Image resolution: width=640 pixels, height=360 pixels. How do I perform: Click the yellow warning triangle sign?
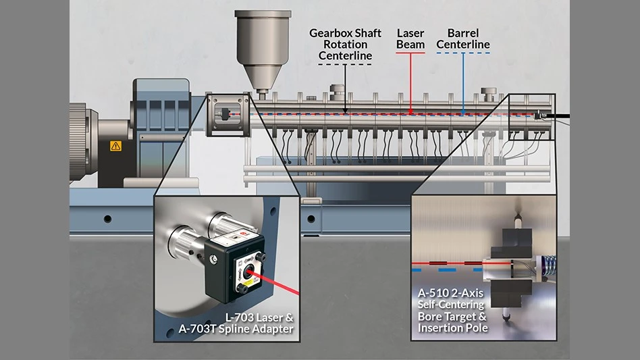coord(115,145)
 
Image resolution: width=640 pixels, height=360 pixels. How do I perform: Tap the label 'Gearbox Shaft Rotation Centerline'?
coord(345,44)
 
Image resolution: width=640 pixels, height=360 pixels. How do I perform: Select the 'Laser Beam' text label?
coord(410,38)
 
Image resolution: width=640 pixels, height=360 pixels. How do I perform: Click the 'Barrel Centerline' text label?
coord(462,38)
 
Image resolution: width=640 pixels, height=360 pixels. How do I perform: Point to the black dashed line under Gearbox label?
coord(345,64)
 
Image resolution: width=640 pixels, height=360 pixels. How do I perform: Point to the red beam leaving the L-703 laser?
coord(273,284)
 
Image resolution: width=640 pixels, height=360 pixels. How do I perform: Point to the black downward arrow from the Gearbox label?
coord(345,88)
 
